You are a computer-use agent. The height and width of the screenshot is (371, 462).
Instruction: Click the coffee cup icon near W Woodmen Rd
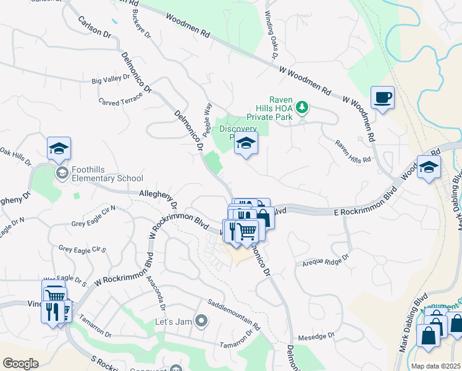click(382, 98)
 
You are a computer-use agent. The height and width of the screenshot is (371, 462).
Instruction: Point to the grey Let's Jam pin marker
click(201, 320)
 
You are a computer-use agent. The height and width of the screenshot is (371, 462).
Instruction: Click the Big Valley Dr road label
click(111, 79)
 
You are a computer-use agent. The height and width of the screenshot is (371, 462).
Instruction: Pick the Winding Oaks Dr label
click(271, 35)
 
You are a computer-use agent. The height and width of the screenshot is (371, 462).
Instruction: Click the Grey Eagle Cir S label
click(83, 249)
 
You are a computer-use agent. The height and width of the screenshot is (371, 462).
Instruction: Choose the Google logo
click(21, 364)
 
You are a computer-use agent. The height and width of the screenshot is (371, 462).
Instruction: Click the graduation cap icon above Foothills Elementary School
click(59, 148)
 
